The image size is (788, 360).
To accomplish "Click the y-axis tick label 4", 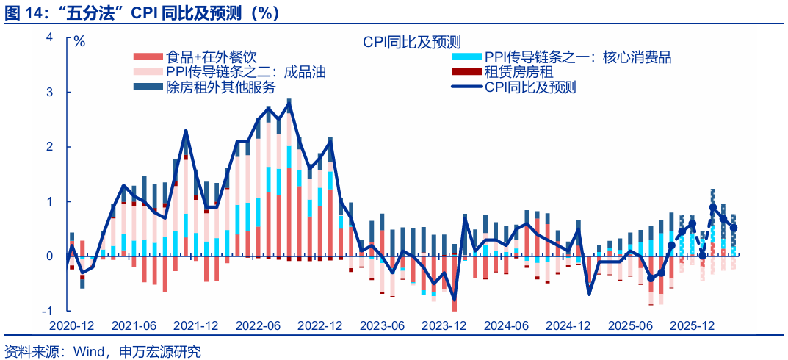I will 49,37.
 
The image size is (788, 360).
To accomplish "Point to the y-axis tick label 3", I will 49,93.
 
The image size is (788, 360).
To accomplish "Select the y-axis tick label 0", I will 49,256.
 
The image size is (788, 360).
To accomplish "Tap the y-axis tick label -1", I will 47,310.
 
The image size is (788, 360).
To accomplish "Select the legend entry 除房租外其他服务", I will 220,87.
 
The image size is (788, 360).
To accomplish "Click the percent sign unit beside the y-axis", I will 79,42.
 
